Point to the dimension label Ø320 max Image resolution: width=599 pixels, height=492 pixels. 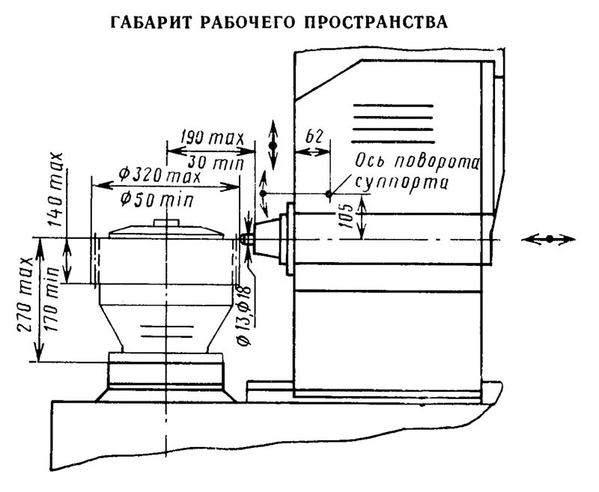coord(160,177)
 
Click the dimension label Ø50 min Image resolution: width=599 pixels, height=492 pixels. coord(156,198)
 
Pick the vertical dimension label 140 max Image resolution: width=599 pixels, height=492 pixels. coord(55,190)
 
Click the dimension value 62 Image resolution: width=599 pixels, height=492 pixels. coord(314,137)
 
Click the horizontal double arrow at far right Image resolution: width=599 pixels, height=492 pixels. coord(549,238)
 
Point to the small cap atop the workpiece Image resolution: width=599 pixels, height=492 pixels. coord(165,222)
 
